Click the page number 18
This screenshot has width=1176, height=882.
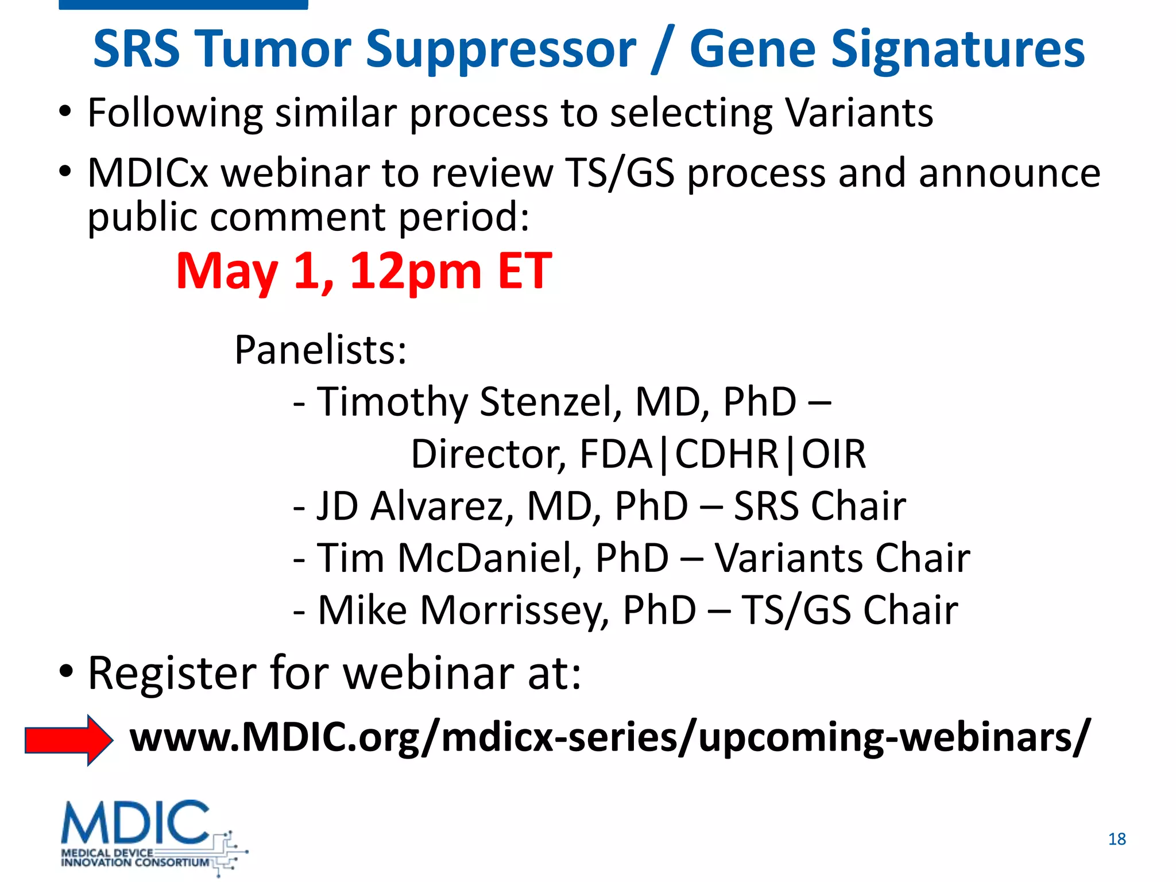coord(1116,839)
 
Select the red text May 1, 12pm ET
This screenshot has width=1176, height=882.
coord(363,271)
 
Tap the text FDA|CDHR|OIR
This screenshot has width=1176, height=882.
coord(722,454)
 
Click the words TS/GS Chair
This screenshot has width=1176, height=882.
coord(849,610)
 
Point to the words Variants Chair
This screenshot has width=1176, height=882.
coord(842,558)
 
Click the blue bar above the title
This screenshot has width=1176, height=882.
coord(183,5)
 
